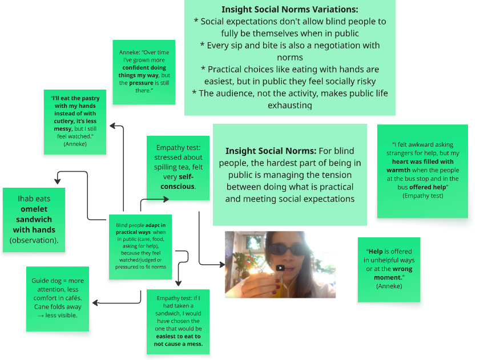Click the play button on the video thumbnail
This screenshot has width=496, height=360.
[x=280, y=268]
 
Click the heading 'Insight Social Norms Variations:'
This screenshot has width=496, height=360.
[x=289, y=10]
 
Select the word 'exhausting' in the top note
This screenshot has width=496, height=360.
[x=289, y=105]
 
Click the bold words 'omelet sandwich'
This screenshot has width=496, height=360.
[x=34, y=214]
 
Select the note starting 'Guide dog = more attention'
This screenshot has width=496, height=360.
[x=57, y=298]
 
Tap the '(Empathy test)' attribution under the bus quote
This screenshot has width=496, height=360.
[x=422, y=196]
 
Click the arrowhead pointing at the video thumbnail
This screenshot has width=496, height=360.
[x=221, y=265]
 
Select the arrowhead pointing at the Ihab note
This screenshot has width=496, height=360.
[x=57, y=181]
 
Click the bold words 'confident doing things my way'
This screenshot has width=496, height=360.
[x=143, y=71]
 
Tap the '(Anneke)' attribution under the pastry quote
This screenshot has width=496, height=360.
[x=75, y=144]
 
